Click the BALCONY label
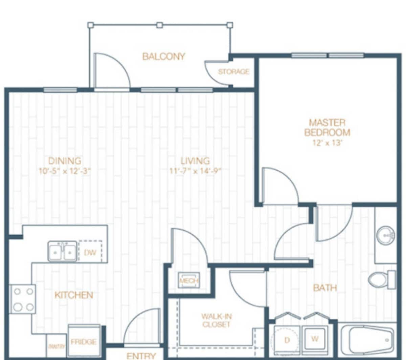[x=163, y=56]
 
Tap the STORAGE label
[x=233, y=72]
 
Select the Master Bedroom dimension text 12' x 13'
[x=327, y=143]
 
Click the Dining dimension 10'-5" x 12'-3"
[x=65, y=171]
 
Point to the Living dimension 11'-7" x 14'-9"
[x=195, y=171]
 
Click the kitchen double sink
[x=63, y=252]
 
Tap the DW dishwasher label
[x=90, y=252]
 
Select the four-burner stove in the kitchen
[x=23, y=299]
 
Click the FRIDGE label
[x=83, y=342]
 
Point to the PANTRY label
[x=56, y=346]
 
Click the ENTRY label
[x=141, y=356]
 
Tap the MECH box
[x=189, y=280]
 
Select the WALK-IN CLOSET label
[x=216, y=320]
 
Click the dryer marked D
[x=287, y=340]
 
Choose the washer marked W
[x=315, y=339]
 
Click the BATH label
[x=325, y=288]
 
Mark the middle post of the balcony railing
[x=159, y=25]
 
